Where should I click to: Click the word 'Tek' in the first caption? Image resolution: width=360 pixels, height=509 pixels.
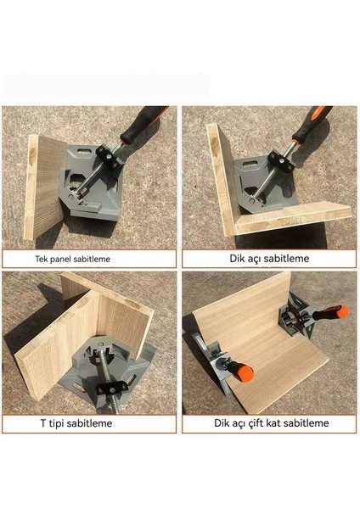tap(41, 259)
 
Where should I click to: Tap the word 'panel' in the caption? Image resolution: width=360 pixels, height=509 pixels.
tap(60, 260)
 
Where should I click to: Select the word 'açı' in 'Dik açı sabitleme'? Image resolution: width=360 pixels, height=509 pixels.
tap(253, 259)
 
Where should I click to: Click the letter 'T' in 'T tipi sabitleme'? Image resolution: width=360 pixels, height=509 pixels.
tap(43, 423)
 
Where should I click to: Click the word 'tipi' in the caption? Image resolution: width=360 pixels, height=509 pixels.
tap(57, 423)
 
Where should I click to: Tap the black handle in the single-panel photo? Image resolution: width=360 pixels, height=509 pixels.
tap(143, 123)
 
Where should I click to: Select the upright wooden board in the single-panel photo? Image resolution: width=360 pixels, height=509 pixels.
tap(44, 187)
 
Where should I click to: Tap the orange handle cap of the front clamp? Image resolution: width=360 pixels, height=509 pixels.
tap(245, 372)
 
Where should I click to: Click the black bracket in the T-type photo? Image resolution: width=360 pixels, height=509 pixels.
tap(112, 388)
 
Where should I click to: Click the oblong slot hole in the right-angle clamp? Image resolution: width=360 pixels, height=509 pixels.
tap(253, 163)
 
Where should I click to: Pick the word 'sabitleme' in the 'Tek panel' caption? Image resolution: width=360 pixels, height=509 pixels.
tap(92, 259)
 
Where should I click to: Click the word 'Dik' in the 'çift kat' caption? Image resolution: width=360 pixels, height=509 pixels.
tap(221, 423)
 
